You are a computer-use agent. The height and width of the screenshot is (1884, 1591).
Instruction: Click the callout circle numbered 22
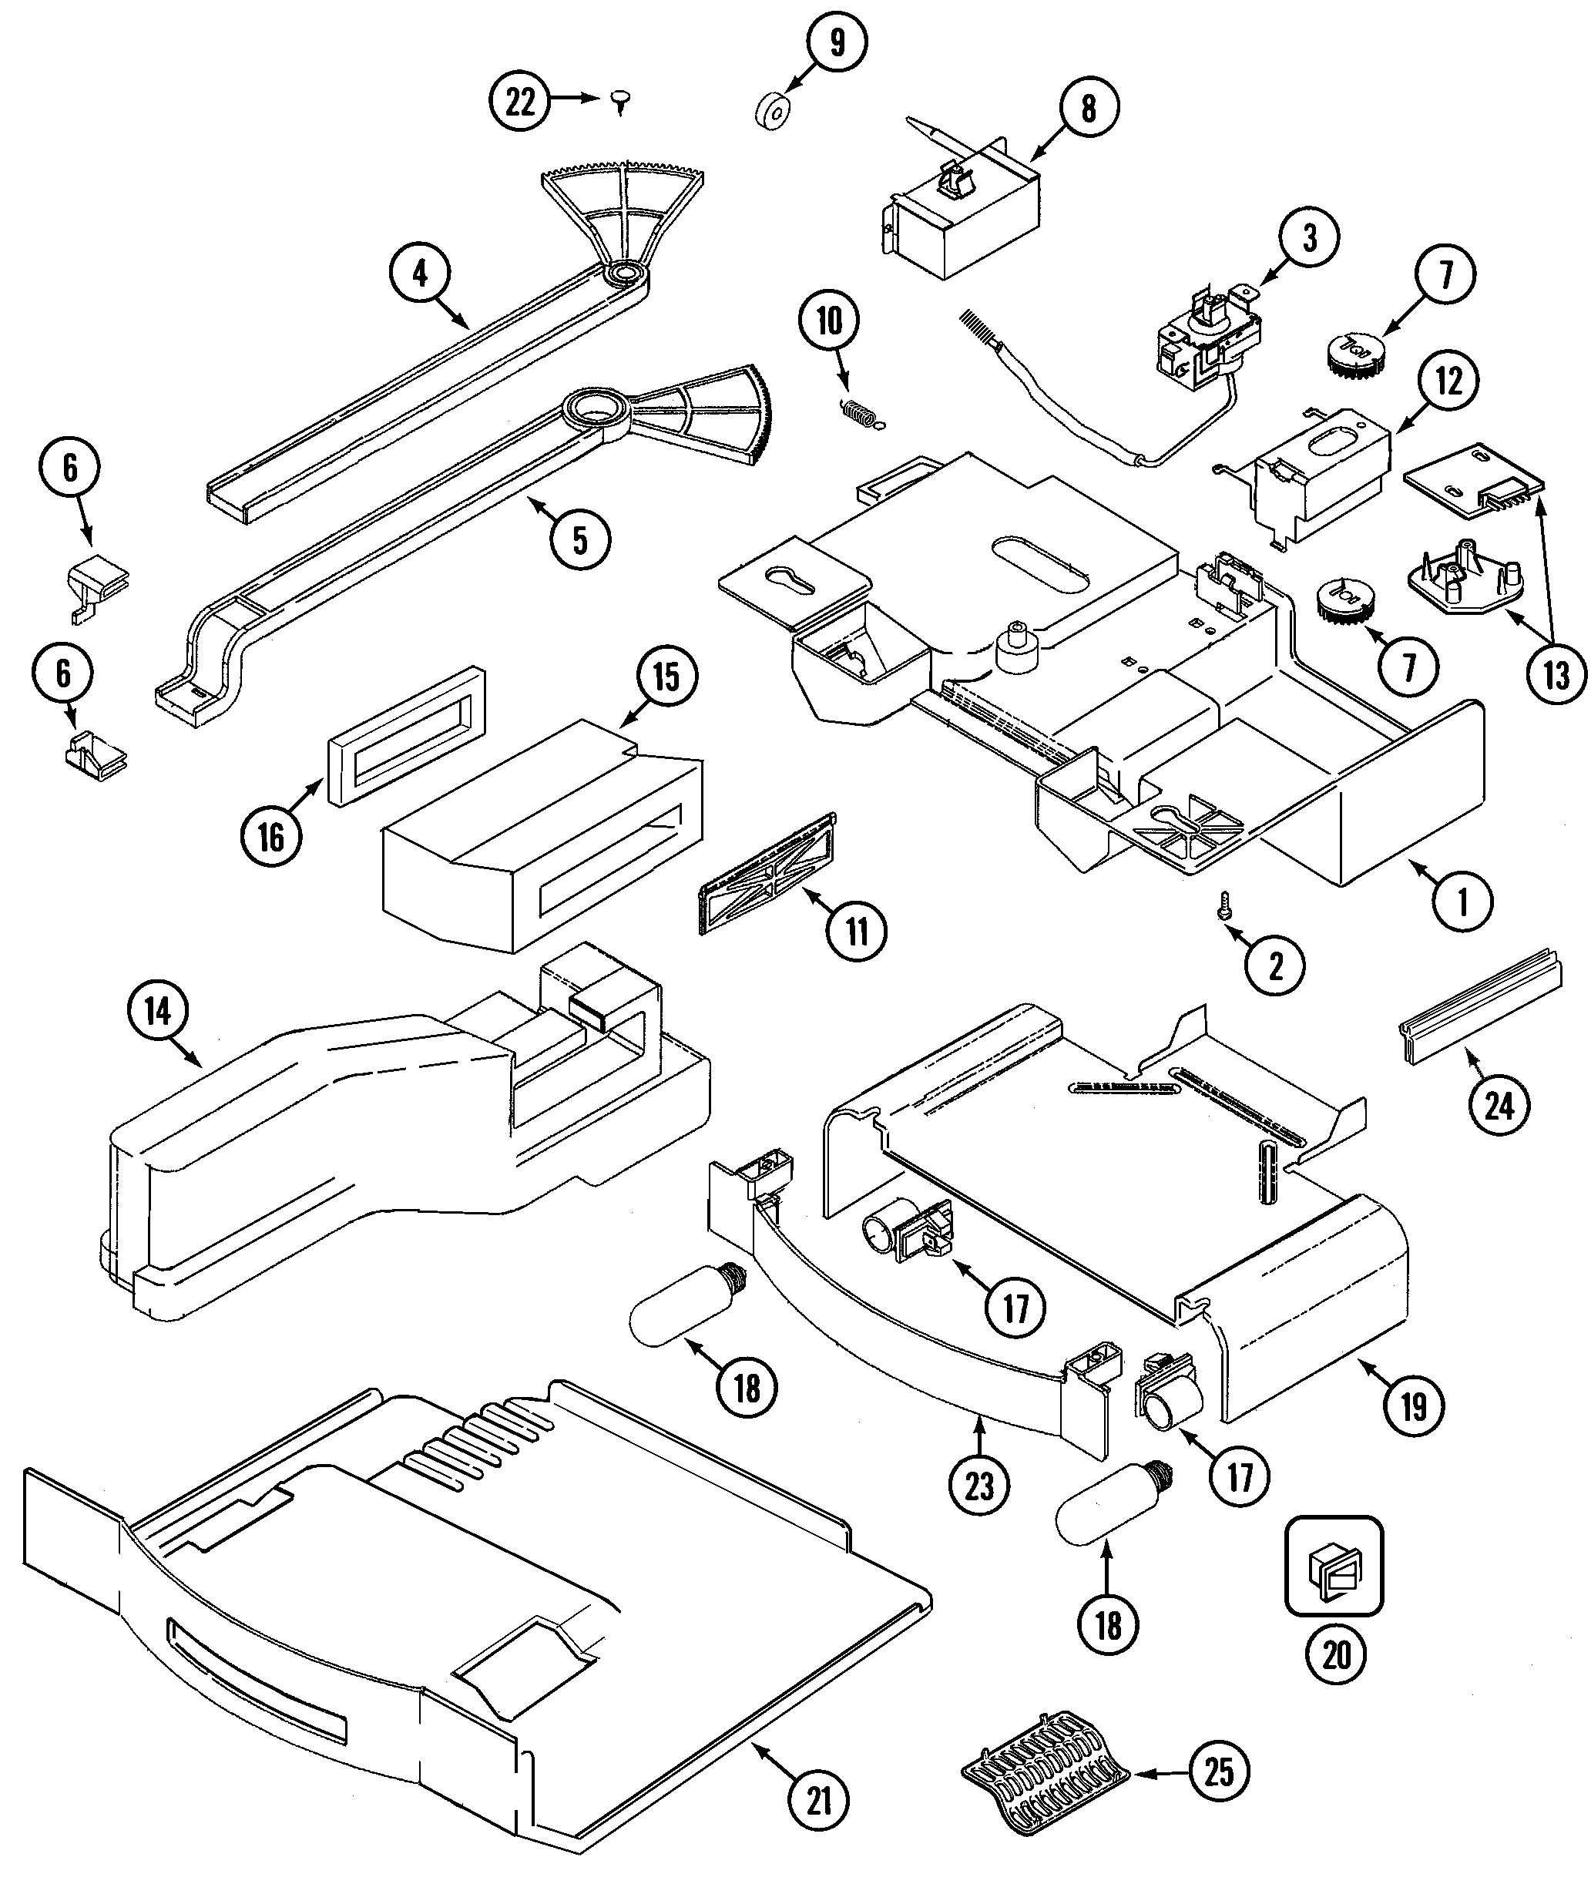point(520,102)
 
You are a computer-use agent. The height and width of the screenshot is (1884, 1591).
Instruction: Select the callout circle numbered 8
point(1089,109)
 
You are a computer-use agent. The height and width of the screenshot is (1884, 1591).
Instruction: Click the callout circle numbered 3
point(1309,238)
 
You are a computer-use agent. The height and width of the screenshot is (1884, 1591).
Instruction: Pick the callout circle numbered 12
point(1448,381)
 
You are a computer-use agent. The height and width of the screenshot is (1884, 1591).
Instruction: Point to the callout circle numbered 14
point(158,1012)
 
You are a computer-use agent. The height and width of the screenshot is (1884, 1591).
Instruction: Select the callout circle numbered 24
point(1499,1104)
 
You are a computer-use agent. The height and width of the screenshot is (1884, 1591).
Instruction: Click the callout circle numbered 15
point(666,676)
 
